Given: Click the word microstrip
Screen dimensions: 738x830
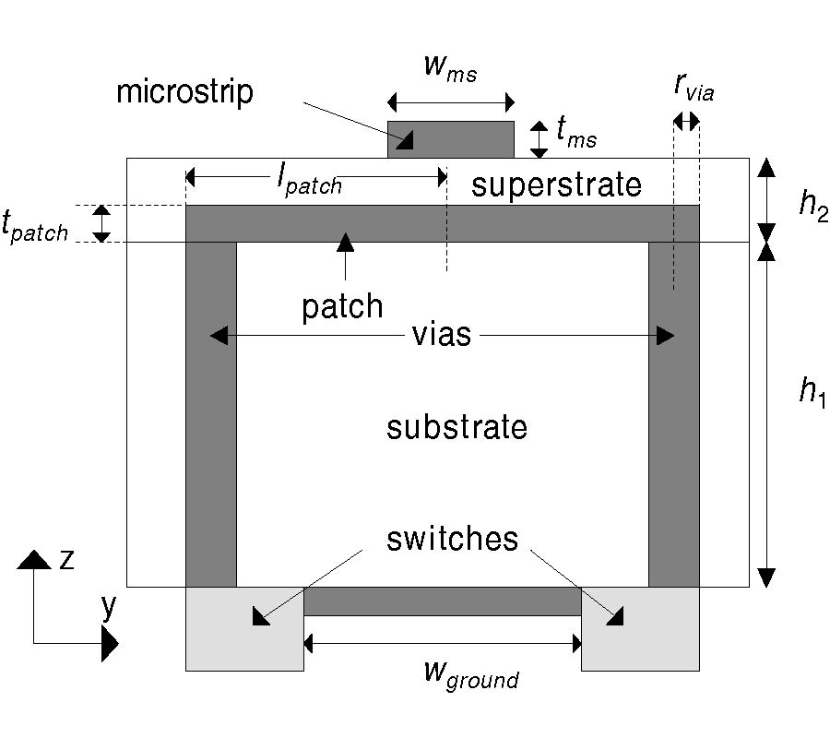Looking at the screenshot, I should tap(184, 92).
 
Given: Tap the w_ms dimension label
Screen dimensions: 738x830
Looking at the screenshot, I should tap(450, 67).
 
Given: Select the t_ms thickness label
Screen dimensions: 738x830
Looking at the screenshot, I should tap(576, 135).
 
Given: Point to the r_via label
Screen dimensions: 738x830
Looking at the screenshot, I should tap(694, 87).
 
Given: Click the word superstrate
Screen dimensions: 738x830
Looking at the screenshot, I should tap(556, 184).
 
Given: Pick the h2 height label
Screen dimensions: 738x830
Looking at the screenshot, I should tap(813, 206).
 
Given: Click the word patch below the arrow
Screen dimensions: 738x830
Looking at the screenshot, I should tap(342, 306).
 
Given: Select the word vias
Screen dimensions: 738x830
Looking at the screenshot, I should tap(441, 335).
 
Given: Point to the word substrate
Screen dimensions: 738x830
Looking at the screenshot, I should tap(456, 428).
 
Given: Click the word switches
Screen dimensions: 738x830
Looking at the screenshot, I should tap(452, 539).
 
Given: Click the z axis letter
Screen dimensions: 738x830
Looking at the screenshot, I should tap(66, 560).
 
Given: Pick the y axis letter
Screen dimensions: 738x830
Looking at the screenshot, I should tap(109, 606).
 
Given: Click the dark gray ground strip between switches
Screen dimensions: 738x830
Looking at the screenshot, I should tap(443, 601).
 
